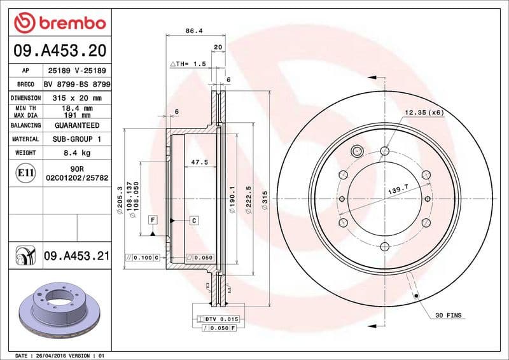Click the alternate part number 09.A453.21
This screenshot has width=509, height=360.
(76, 256)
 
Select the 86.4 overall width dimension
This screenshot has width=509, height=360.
(189, 30)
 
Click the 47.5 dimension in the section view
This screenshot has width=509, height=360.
(200, 162)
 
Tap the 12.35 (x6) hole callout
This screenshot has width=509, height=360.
(424, 113)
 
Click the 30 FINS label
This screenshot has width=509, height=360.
(449, 315)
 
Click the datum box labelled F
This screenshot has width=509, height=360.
(153, 220)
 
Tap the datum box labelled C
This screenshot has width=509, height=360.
(193, 220)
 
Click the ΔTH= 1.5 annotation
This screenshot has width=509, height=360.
(188, 64)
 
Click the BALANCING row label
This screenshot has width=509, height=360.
(25, 126)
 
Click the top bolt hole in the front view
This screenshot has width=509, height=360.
(384, 151)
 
